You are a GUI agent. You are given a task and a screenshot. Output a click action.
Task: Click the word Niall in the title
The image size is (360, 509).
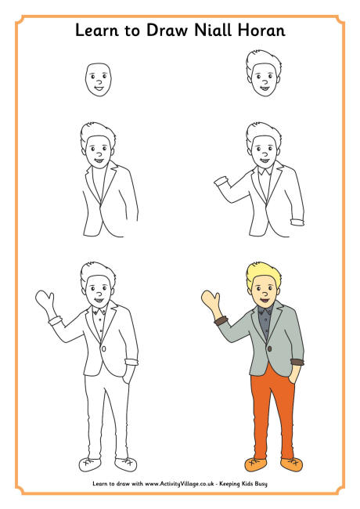(213, 31)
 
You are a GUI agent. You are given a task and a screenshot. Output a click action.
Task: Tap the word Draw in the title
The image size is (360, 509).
(167, 31)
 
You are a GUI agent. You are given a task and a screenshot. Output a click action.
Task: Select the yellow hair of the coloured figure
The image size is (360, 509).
(264, 275)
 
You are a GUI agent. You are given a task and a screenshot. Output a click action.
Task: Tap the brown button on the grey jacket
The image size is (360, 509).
(270, 348)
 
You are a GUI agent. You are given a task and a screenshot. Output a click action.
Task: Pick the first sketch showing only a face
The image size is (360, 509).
(99, 80)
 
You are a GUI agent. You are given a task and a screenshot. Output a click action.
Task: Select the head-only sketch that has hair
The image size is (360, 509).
(264, 73)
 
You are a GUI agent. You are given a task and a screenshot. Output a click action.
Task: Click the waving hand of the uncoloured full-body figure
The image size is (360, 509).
(45, 301)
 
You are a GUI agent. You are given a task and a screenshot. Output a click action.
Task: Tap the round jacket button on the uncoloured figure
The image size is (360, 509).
(103, 348)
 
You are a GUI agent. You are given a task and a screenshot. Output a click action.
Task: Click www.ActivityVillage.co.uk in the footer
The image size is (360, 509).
(179, 484)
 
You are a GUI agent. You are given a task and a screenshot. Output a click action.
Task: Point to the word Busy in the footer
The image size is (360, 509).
(261, 484)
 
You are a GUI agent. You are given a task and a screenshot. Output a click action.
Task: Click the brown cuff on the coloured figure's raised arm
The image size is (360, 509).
(221, 321)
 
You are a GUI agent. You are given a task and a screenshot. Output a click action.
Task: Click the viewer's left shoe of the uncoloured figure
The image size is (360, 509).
(90, 465)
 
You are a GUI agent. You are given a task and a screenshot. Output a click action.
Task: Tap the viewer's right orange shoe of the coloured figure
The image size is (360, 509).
(291, 464)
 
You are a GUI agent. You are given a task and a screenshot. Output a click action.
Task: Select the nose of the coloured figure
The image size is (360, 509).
(265, 294)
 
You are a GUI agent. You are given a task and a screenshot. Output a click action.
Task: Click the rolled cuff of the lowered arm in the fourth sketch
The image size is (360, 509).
(297, 222)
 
